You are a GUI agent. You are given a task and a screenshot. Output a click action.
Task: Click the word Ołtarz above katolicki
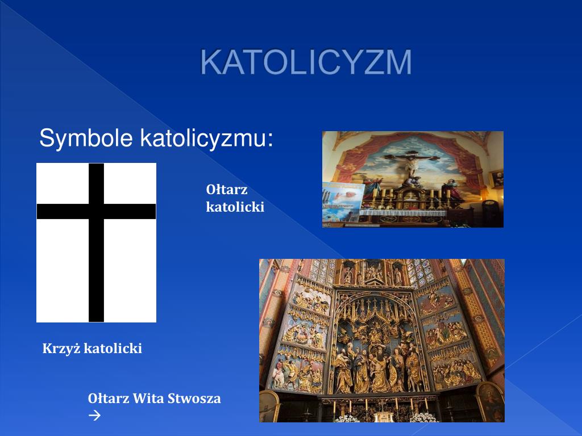click(x=227, y=190)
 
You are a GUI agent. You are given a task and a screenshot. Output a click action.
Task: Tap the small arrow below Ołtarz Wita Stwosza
click(x=94, y=416)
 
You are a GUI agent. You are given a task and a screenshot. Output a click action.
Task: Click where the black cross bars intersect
click(x=97, y=211)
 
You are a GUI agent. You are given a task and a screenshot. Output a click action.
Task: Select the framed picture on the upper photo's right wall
click(x=496, y=178)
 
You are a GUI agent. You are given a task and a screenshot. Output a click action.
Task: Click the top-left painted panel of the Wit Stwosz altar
click(x=311, y=295)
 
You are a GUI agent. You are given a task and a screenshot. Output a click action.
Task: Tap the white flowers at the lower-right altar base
click(x=423, y=417)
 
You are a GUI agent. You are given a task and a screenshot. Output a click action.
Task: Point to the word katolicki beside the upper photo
click(x=235, y=207)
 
